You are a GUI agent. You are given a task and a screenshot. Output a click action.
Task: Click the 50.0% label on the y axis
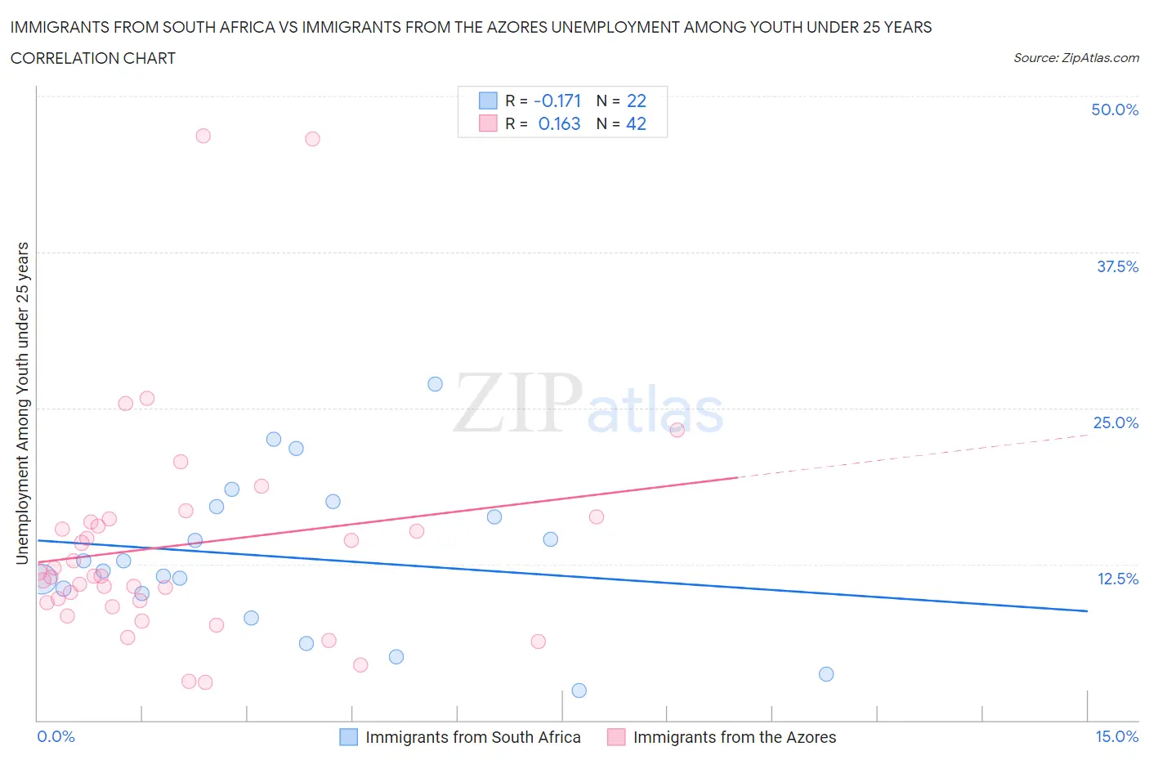coord(1115,110)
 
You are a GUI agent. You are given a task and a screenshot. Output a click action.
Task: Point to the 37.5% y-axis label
coord(1117,266)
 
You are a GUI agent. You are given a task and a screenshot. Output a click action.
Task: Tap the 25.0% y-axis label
coord(1115,422)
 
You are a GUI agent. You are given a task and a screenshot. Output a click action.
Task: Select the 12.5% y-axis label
coord(1117,579)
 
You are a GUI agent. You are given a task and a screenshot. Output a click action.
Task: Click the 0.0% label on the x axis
coord(56,736)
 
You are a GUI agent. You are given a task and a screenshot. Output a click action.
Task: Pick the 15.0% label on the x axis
coord(1116,736)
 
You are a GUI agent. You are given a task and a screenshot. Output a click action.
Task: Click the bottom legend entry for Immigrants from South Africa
coord(472,737)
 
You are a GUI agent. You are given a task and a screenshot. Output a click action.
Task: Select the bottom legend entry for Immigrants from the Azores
coord(734,737)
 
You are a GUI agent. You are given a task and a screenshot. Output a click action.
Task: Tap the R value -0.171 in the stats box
coord(557,101)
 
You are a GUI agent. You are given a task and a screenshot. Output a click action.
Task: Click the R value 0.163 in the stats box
coord(559,123)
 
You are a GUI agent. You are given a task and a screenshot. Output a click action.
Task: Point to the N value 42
coord(636,123)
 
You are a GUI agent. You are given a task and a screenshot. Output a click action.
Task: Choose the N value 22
coord(636,101)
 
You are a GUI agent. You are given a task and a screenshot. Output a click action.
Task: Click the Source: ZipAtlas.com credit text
coord(1075,57)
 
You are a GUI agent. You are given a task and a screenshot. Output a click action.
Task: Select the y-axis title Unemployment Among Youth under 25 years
coord(22,403)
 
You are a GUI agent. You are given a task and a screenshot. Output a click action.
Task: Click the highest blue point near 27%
coord(435,384)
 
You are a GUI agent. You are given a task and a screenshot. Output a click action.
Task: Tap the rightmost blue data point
coord(826,674)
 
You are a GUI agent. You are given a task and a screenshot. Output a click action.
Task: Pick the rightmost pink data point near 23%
coord(677,430)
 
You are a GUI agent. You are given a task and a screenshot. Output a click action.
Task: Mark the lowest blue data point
coord(579,691)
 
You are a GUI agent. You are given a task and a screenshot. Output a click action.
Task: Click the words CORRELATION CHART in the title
coord(93,58)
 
